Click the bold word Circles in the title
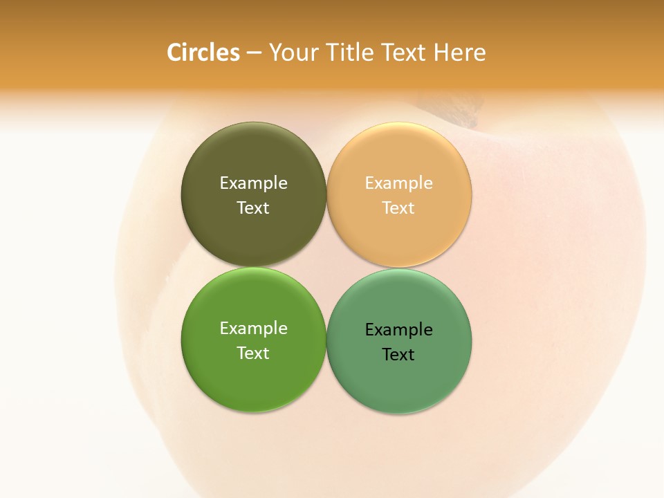pos(203,53)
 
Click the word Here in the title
pos(459,53)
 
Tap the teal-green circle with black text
pos(399,380)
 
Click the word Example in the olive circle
pos(253,183)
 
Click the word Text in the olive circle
pos(253,208)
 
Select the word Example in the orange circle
pos(398,183)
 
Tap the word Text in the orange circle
pos(398,208)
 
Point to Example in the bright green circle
pos(253,329)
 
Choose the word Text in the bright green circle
pos(253,353)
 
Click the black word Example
pos(398,330)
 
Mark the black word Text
pos(398,355)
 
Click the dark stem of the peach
pos(456,109)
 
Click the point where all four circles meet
pos(326,267)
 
